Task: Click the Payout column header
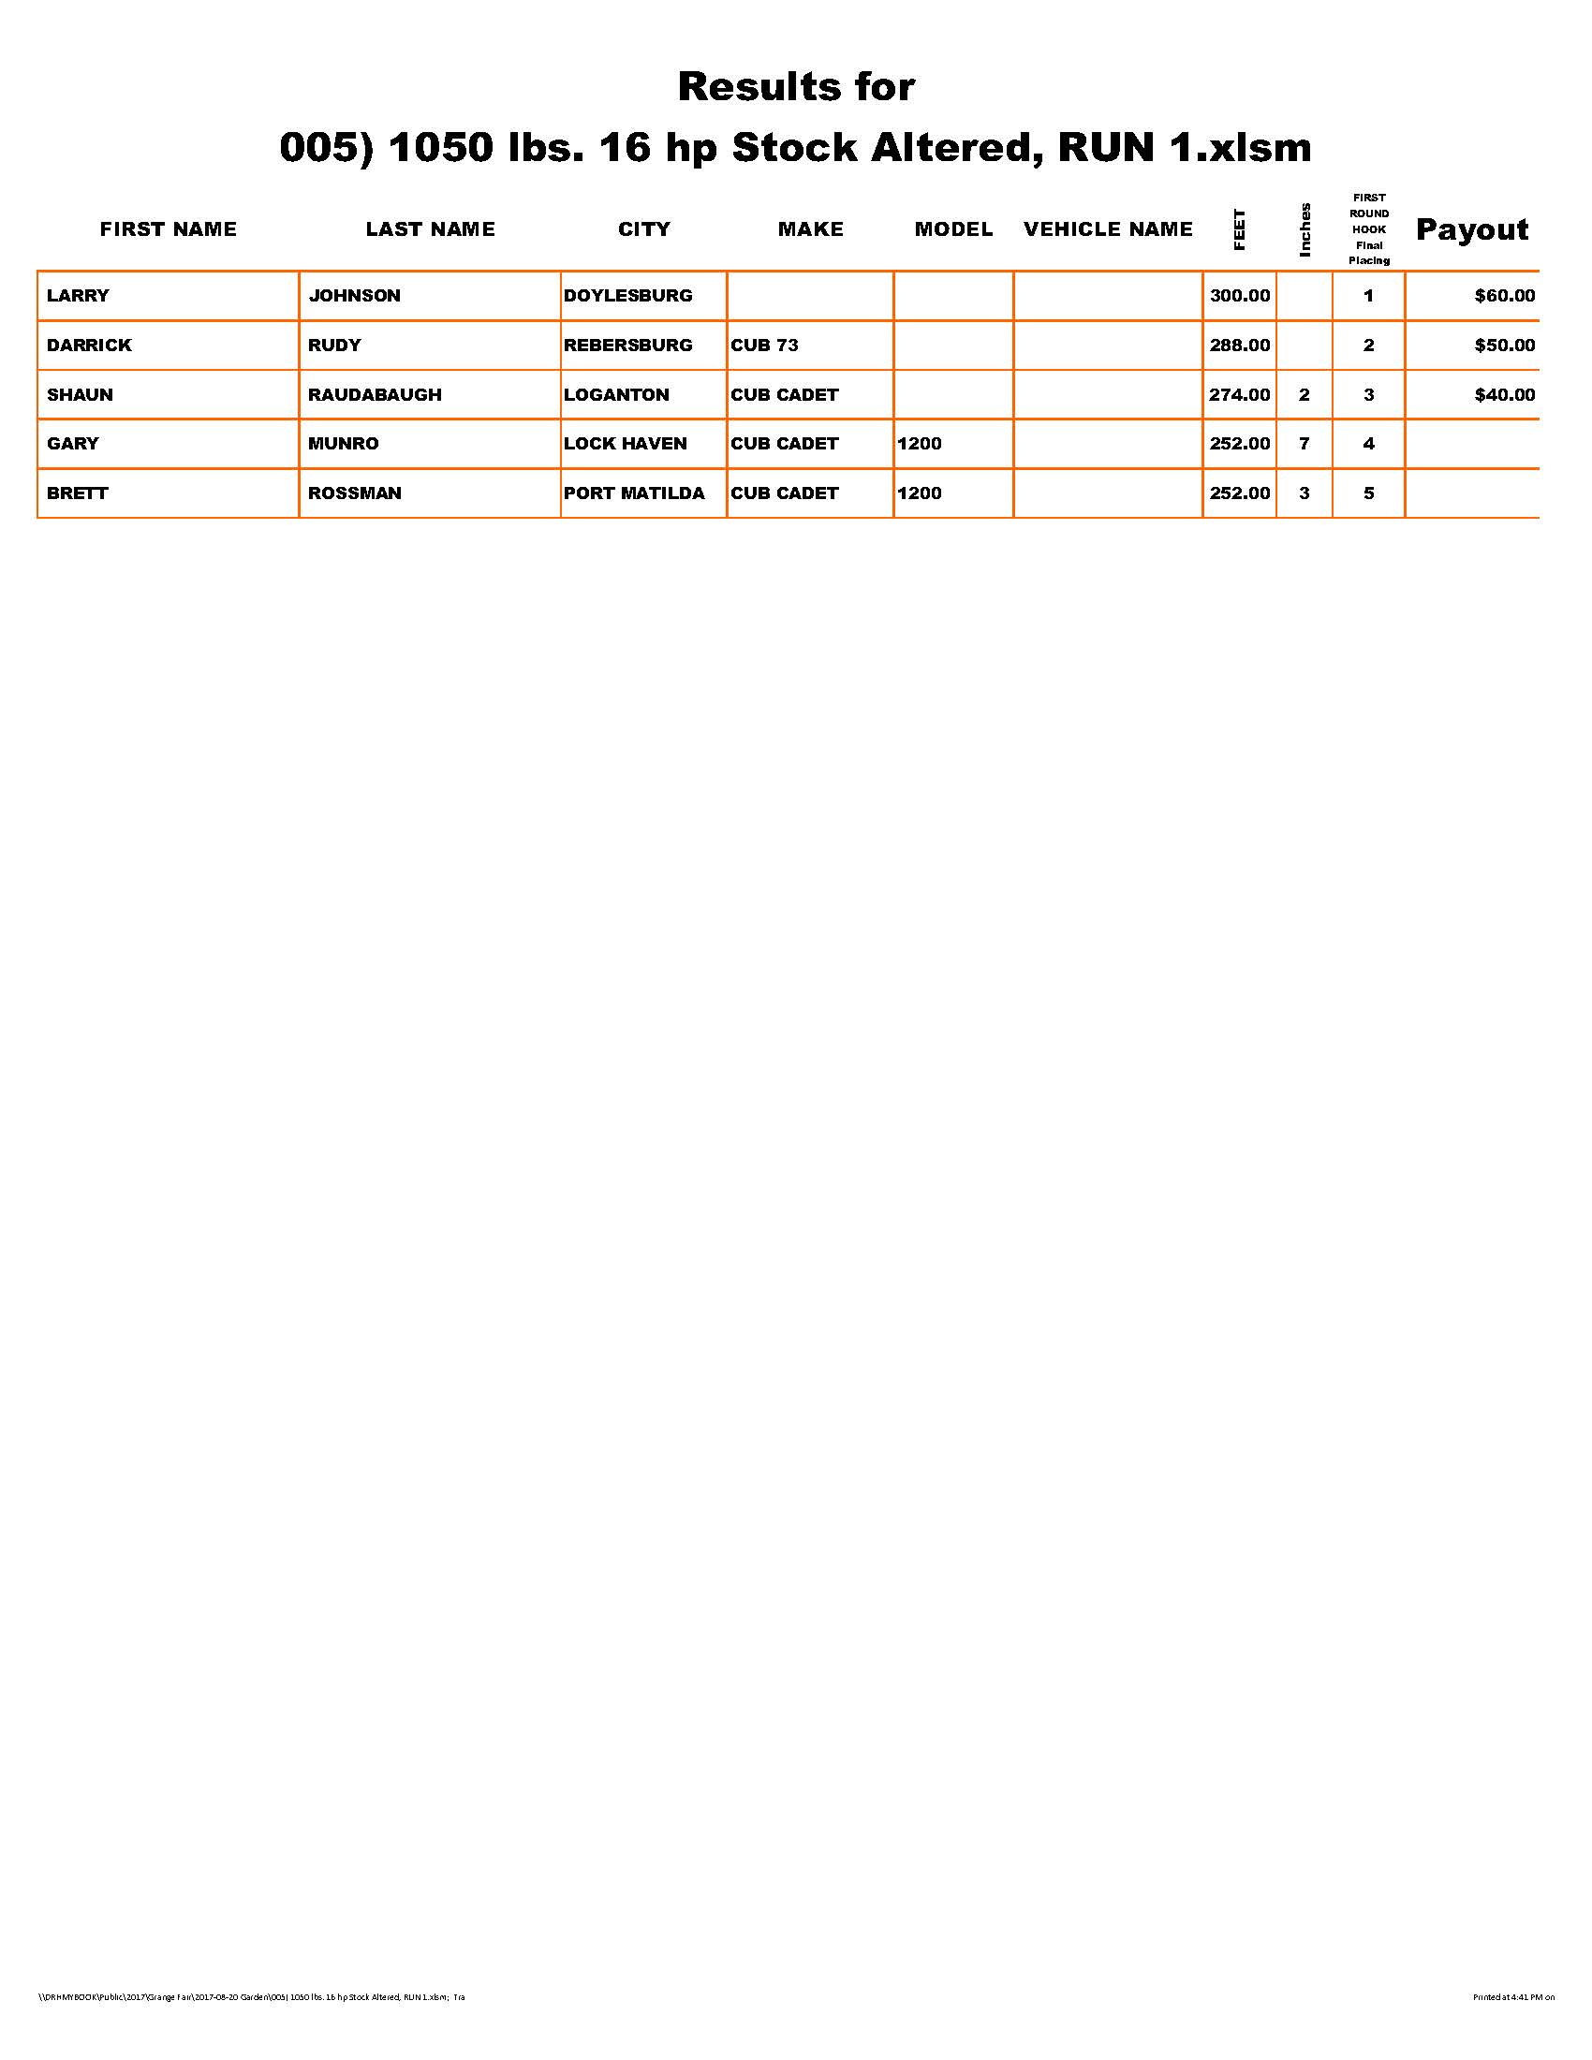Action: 1471,229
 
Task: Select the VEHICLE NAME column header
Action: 1107,229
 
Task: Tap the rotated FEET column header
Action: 1239,229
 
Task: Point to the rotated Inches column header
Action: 1305,229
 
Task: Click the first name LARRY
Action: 78,295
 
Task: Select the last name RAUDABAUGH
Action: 375,394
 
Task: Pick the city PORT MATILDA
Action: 634,493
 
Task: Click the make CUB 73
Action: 764,346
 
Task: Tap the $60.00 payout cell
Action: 1504,295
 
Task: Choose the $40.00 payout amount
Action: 1504,394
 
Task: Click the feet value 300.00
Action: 1239,295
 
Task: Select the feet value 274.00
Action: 1239,394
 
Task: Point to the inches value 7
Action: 1304,443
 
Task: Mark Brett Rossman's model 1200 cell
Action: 920,493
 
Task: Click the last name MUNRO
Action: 344,443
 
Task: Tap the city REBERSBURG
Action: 627,346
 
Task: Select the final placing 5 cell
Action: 1368,493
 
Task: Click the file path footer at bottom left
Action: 251,1997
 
